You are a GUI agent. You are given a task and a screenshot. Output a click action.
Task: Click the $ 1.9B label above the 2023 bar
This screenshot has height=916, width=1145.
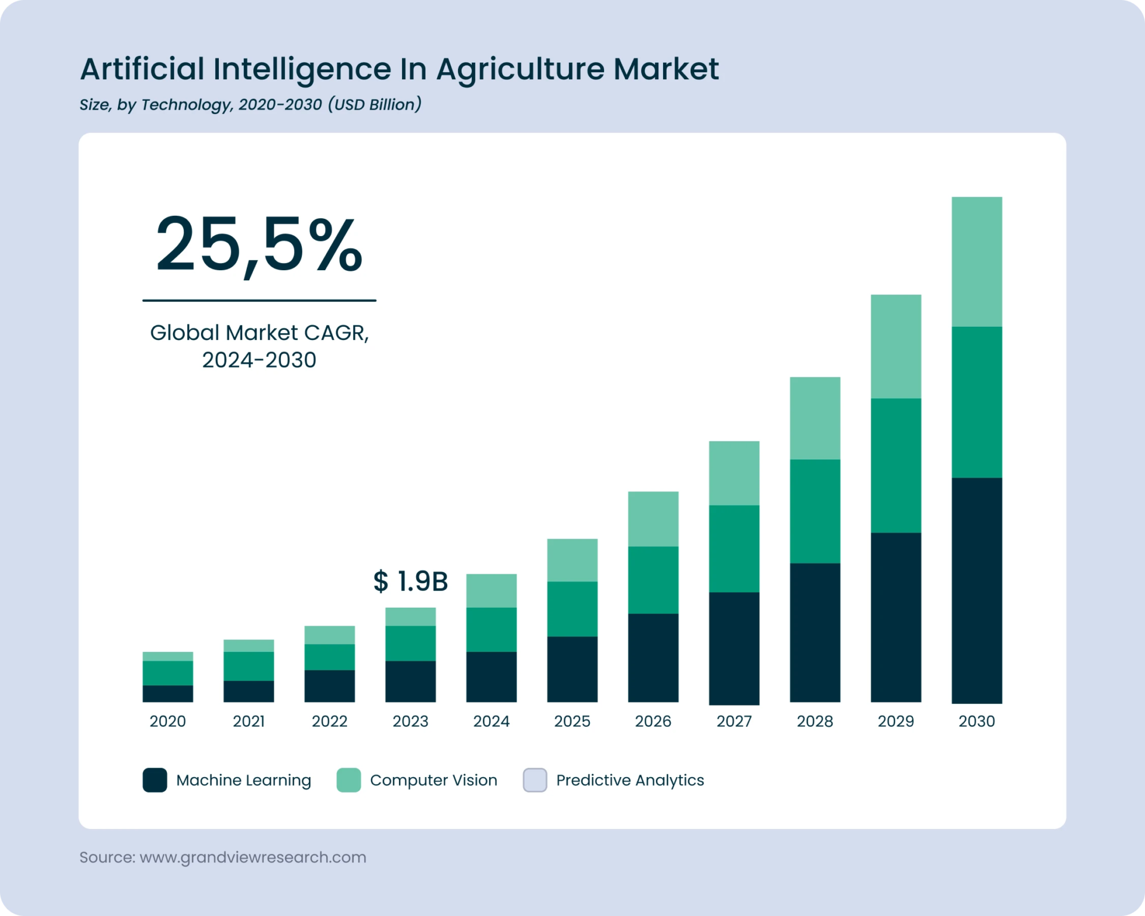click(x=410, y=581)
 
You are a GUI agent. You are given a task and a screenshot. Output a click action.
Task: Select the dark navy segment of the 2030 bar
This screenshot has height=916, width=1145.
click(x=977, y=590)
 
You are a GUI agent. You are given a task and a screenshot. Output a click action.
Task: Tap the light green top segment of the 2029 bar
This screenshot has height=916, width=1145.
click(x=896, y=346)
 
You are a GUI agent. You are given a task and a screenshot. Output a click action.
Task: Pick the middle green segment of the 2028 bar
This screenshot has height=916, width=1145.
click(x=815, y=511)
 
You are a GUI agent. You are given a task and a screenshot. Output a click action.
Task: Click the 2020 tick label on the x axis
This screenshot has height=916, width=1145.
click(x=168, y=722)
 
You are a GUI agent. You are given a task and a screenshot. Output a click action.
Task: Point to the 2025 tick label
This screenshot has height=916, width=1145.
click(x=572, y=722)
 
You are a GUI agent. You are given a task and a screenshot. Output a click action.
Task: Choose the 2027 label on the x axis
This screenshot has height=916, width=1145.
click(x=734, y=722)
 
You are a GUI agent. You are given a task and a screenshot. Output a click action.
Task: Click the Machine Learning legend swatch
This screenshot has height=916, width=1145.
click(x=155, y=780)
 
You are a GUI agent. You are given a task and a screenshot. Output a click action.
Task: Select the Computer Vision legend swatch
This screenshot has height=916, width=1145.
click(x=349, y=780)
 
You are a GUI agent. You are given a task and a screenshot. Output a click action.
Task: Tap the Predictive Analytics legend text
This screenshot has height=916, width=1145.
click(x=630, y=780)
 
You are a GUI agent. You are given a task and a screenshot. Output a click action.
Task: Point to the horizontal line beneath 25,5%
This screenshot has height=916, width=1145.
click(x=259, y=301)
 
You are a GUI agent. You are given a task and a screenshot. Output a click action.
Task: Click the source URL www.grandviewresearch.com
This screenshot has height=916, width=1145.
click(x=253, y=858)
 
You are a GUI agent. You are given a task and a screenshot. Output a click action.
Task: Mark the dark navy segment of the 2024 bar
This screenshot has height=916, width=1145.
click(x=491, y=677)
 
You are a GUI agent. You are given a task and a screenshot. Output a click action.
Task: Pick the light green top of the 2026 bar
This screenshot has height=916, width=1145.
click(x=653, y=519)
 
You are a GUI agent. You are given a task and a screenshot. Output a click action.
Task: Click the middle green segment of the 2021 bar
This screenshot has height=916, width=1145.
click(x=249, y=666)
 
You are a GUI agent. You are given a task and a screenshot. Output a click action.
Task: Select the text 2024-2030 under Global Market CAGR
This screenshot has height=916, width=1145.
click(x=259, y=360)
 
